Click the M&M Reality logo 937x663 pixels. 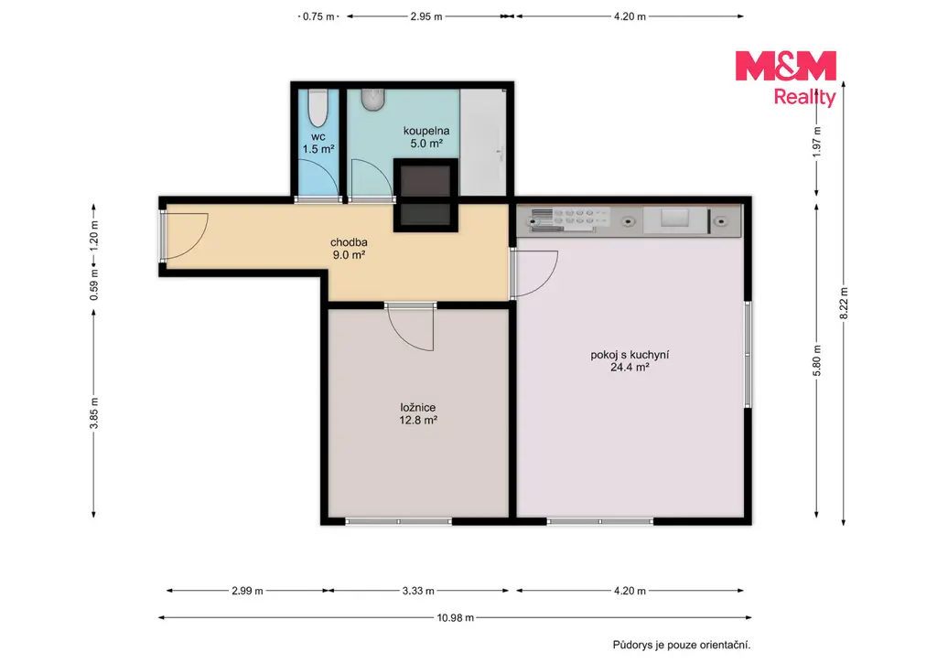pyautogui.click(x=786, y=79)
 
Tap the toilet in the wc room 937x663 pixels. pyautogui.click(x=318, y=108)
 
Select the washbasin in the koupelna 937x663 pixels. pyautogui.click(x=373, y=100)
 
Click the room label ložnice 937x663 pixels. pyautogui.click(x=417, y=407)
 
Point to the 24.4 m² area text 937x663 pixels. pyautogui.click(x=630, y=368)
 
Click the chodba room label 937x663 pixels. pyautogui.click(x=349, y=242)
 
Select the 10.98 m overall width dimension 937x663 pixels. pyautogui.click(x=456, y=617)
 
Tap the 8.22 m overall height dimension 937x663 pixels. pyautogui.click(x=844, y=304)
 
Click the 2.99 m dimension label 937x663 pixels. pyautogui.click(x=247, y=591)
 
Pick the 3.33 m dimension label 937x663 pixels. pyautogui.click(x=418, y=591)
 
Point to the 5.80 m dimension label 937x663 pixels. pyautogui.click(x=817, y=361)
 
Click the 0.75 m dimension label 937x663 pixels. pyautogui.click(x=318, y=16)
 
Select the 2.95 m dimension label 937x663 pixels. pyautogui.click(x=426, y=16)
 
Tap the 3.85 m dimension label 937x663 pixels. pyautogui.click(x=94, y=413)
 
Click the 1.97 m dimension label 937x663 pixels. pyautogui.click(x=817, y=142)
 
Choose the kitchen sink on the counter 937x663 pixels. pyautogui.click(x=675, y=219)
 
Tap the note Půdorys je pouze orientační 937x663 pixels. pyautogui.click(x=681, y=645)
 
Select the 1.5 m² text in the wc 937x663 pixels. pyautogui.click(x=318, y=149)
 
